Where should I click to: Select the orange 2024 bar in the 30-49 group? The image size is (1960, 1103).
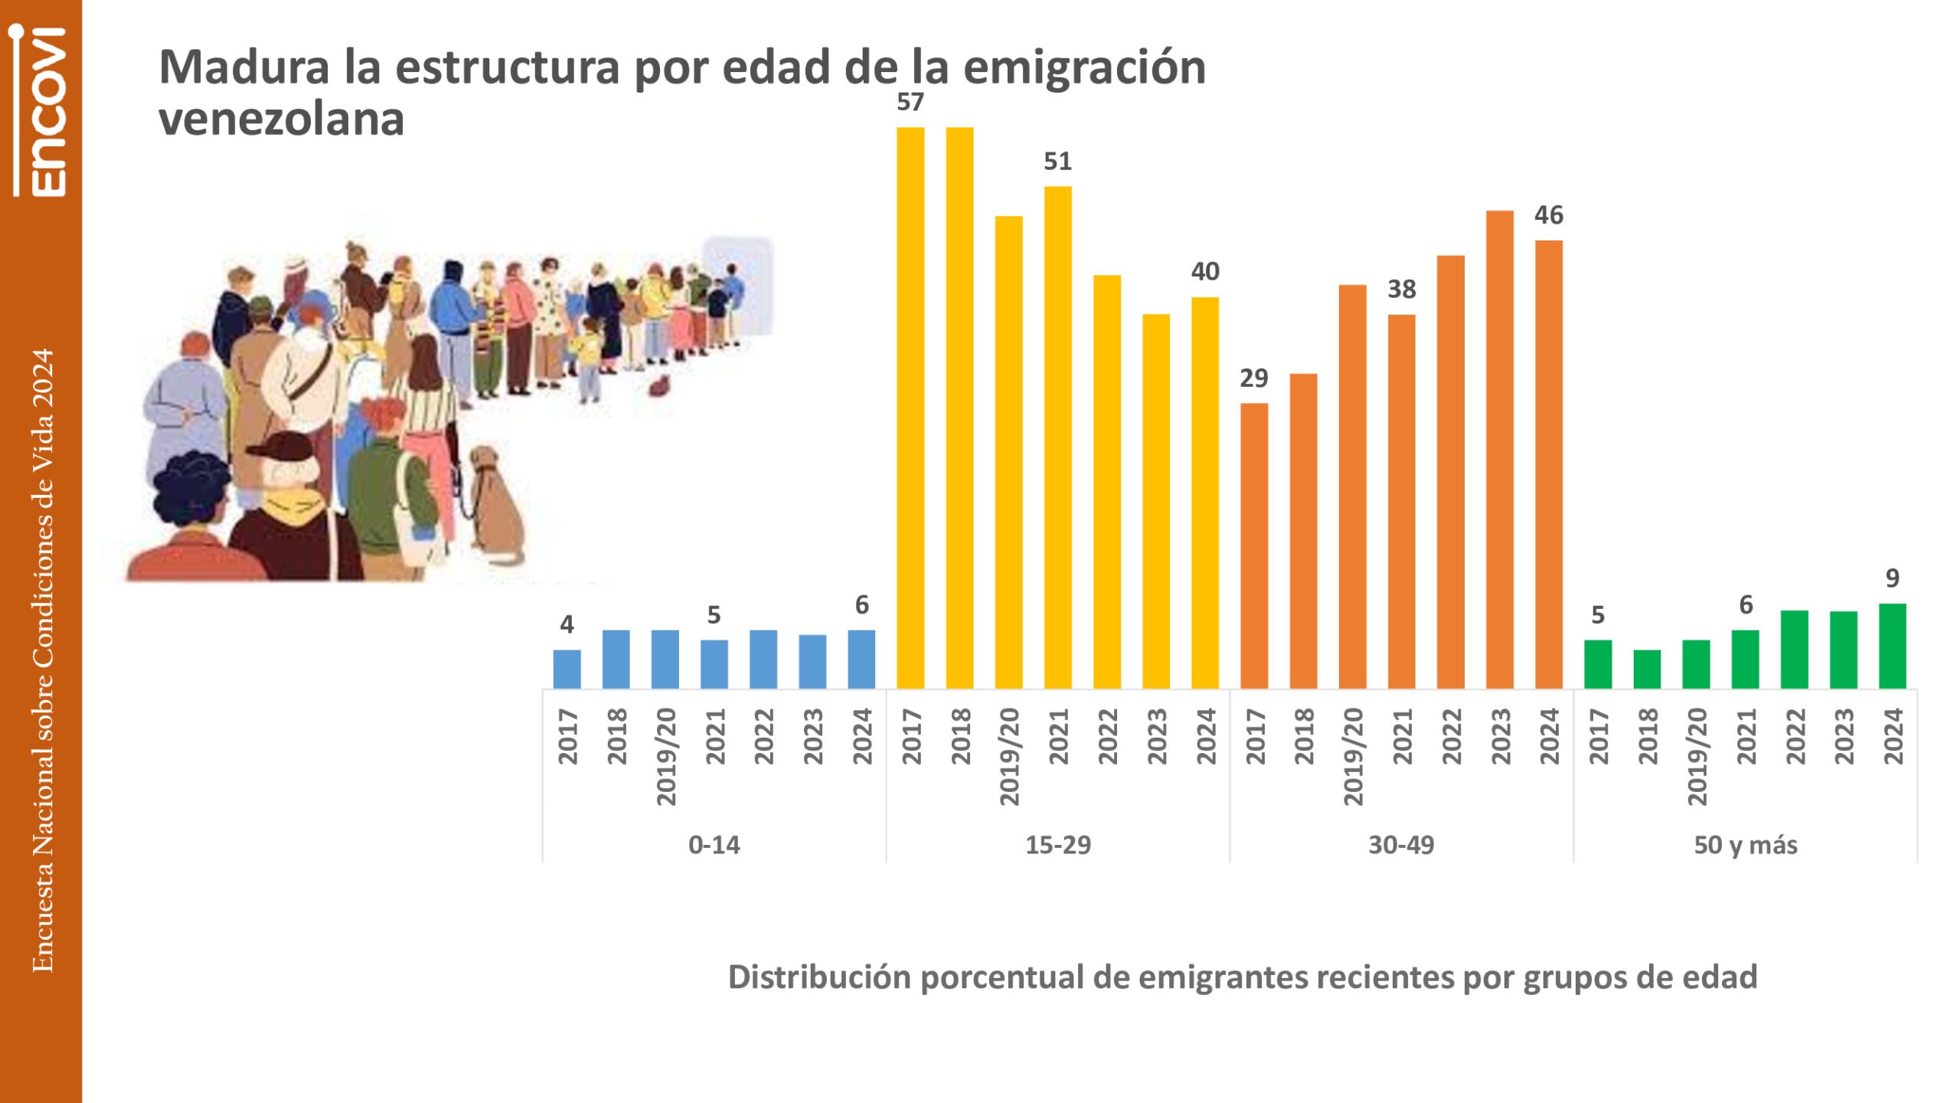pyautogui.click(x=1549, y=464)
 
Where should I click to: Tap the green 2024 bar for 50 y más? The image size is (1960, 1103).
pyautogui.click(x=1893, y=646)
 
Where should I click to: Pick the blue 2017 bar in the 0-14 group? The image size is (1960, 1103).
pyautogui.click(x=567, y=669)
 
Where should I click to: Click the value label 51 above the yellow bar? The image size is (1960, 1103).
pyautogui.click(x=1057, y=162)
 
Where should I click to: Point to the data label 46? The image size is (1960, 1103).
pyautogui.click(x=1549, y=215)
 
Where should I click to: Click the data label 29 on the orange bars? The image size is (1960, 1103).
pyautogui.click(x=1254, y=378)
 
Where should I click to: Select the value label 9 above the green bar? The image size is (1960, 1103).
pyautogui.click(x=1893, y=578)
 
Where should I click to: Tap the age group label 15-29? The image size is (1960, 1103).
pyautogui.click(x=1058, y=845)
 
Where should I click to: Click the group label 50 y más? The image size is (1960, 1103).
pyautogui.click(x=1746, y=845)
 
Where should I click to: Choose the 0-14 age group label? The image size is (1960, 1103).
pyautogui.click(x=714, y=845)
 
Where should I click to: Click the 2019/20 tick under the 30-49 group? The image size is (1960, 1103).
pyautogui.click(x=1354, y=756)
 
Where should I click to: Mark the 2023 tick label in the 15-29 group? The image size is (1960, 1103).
pyautogui.click(x=1157, y=736)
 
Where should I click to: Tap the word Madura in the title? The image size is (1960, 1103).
pyautogui.click(x=244, y=67)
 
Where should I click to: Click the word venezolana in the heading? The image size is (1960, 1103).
pyautogui.click(x=281, y=119)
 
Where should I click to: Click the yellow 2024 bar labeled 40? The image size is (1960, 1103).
pyautogui.click(x=1205, y=493)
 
